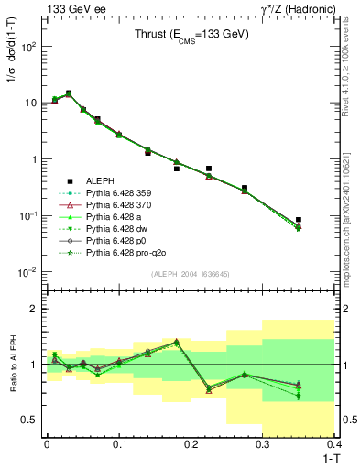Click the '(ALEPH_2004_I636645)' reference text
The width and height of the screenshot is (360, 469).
click(x=191, y=274)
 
